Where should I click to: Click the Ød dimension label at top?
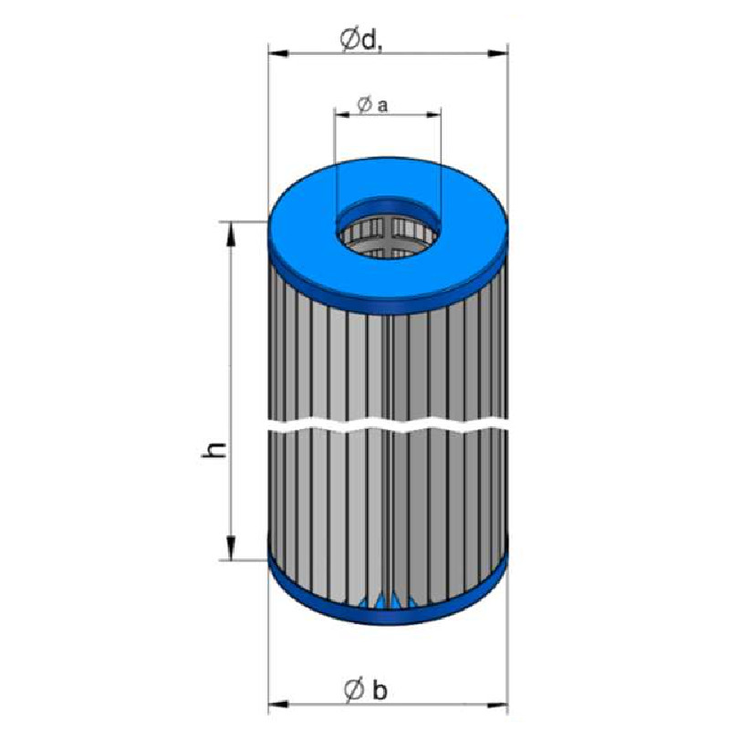click(x=360, y=40)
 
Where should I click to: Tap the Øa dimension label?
click(x=372, y=105)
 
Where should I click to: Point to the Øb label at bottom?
click(x=366, y=690)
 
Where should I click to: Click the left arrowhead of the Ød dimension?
click(x=278, y=54)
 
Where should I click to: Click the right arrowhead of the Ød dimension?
click(x=497, y=54)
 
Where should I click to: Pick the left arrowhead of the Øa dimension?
click(x=341, y=114)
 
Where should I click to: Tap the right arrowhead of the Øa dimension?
click(x=433, y=114)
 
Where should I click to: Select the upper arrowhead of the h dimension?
click(x=230, y=233)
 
